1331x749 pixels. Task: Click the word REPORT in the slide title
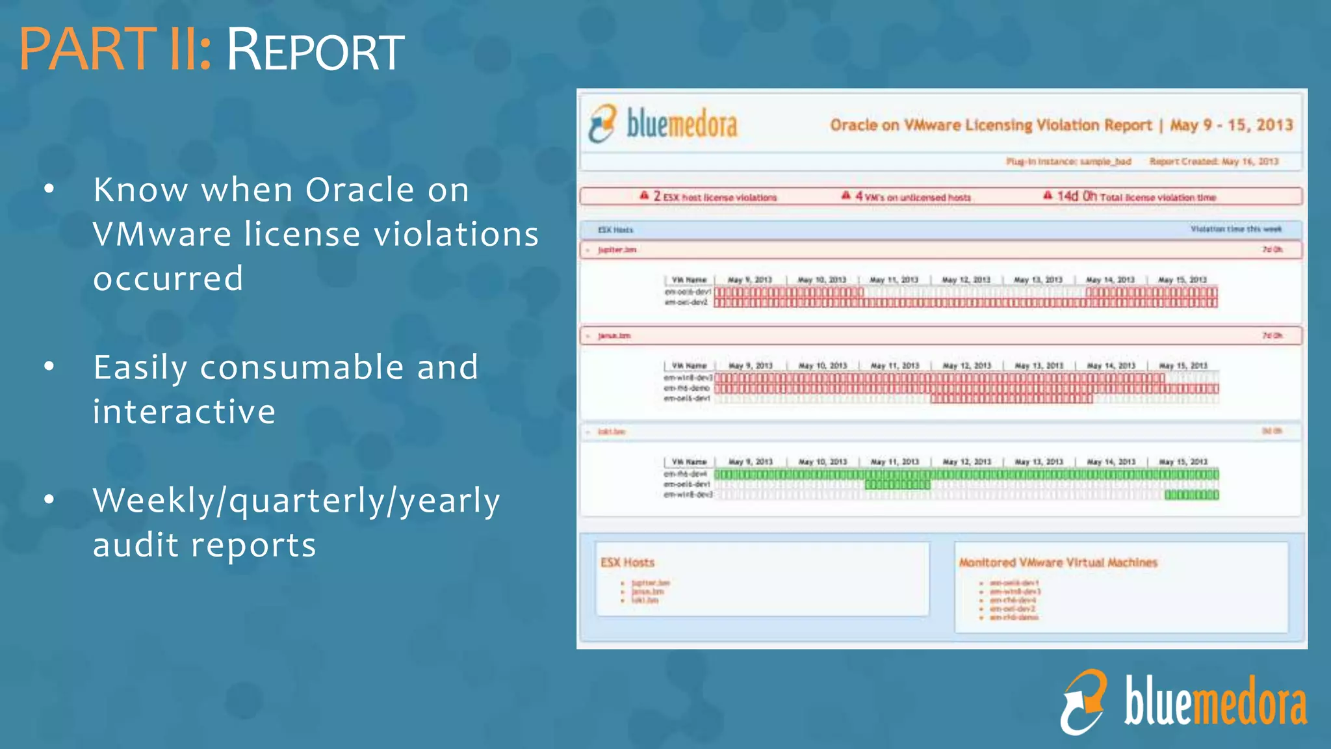tap(315, 51)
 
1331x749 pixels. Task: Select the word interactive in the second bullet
tap(184, 412)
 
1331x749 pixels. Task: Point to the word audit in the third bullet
tap(135, 545)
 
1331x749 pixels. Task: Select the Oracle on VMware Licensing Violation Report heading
tap(990, 125)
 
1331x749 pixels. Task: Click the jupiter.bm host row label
tap(617, 250)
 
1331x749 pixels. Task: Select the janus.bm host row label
tap(614, 335)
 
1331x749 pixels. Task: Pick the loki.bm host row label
tap(611, 432)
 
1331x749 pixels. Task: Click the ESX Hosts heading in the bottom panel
tap(627, 562)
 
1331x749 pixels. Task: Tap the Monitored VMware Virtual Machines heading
tap(1058, 562)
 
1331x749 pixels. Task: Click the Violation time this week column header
tap(1235, 229)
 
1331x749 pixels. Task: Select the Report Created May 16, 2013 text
tap(1213, 161)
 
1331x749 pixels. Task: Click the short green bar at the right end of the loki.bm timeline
tap(1191, 495)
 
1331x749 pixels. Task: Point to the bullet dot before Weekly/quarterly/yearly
tap(49, 500)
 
